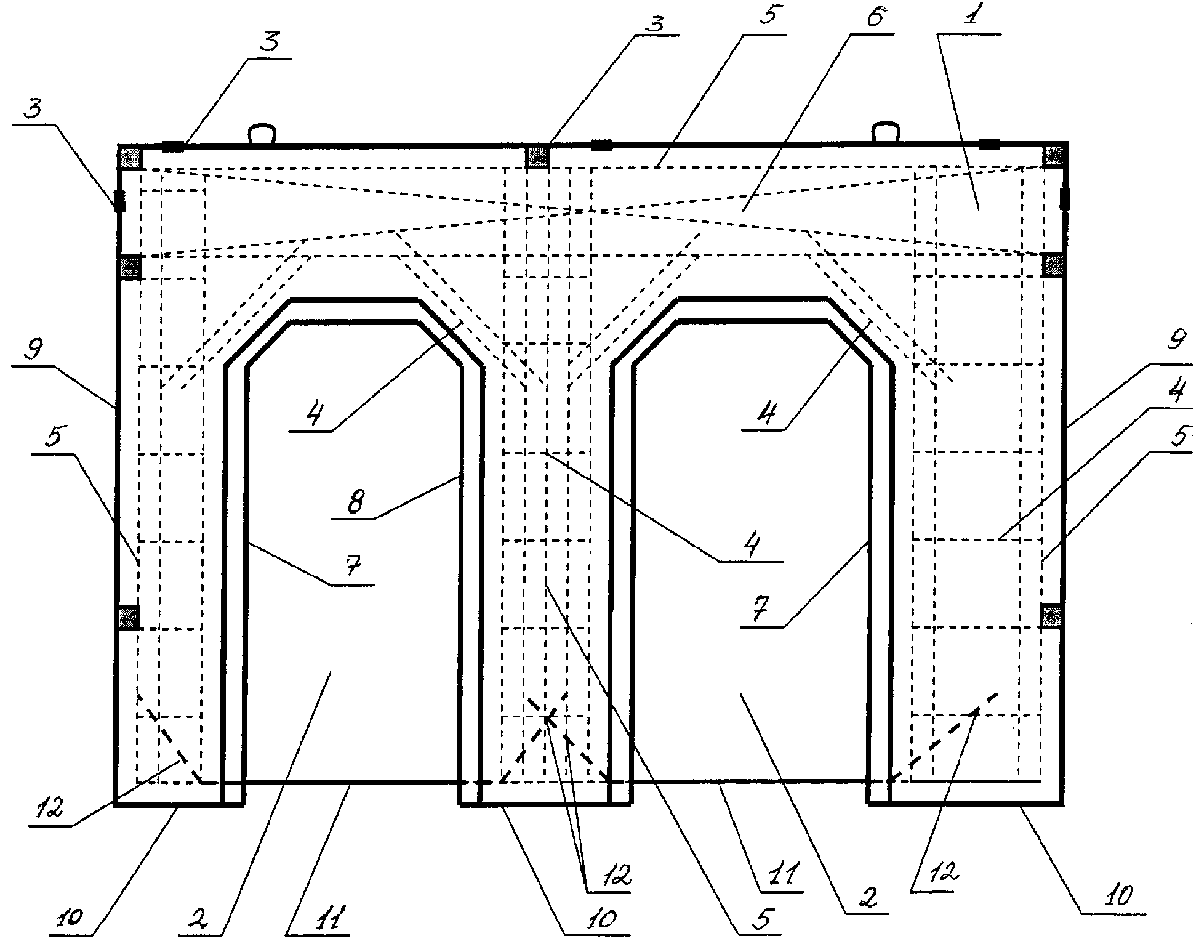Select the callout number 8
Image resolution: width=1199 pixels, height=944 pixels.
(356, 503)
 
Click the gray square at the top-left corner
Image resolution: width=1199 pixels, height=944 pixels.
(130, 157)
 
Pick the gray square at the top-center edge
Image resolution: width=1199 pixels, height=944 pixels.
(537, 156)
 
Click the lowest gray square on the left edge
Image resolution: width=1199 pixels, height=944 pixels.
(129, 617)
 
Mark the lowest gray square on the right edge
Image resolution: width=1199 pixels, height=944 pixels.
(1052, 616)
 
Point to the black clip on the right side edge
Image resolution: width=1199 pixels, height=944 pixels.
(1065, 201)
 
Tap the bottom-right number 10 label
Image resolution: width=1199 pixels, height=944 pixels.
(1120, 896)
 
